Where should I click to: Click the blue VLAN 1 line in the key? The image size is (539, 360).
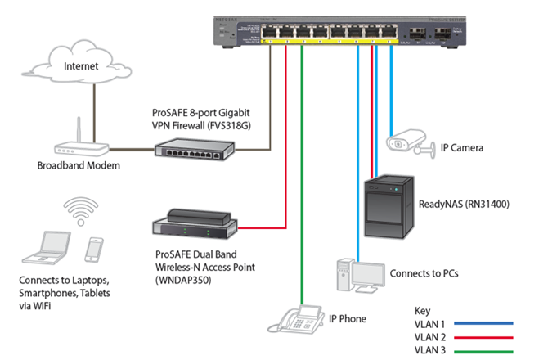click(487, 322)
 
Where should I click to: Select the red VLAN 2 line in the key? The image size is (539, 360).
click(487, 335)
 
